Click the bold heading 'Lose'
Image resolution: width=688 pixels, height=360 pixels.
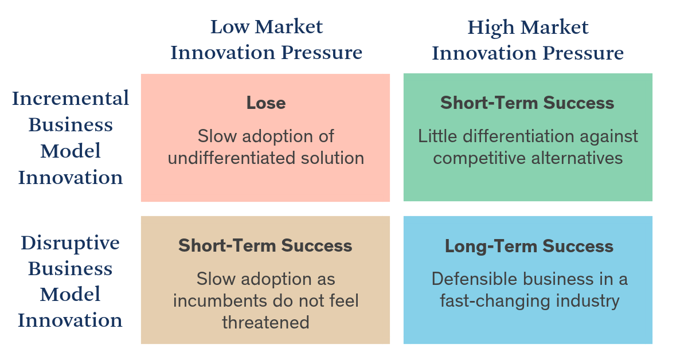pos(266,103)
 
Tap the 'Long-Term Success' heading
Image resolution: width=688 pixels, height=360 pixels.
pos(529,246)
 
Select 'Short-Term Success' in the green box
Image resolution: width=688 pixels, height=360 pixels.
pos(527,103)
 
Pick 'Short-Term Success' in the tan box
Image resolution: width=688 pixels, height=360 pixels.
pos(265,245)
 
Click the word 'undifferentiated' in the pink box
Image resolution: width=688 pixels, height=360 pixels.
pos(231,158)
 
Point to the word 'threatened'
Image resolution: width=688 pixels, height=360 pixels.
pos(265,322)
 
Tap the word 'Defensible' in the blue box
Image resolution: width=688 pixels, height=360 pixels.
pos(475,279)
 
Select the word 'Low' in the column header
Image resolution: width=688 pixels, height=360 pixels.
pos(230,27)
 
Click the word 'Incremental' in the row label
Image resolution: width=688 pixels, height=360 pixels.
pos(71,98)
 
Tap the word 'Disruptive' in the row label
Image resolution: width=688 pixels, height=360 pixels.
pos(70,243)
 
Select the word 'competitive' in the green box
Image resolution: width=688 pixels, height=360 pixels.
pos(479,158)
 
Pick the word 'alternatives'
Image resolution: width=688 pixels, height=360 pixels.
pos(577,158)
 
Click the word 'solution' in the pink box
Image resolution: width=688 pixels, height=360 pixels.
pos(333,158)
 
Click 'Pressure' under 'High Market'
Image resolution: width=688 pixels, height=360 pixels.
pos(583,53)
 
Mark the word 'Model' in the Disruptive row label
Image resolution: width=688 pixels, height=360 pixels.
pos(70,294)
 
